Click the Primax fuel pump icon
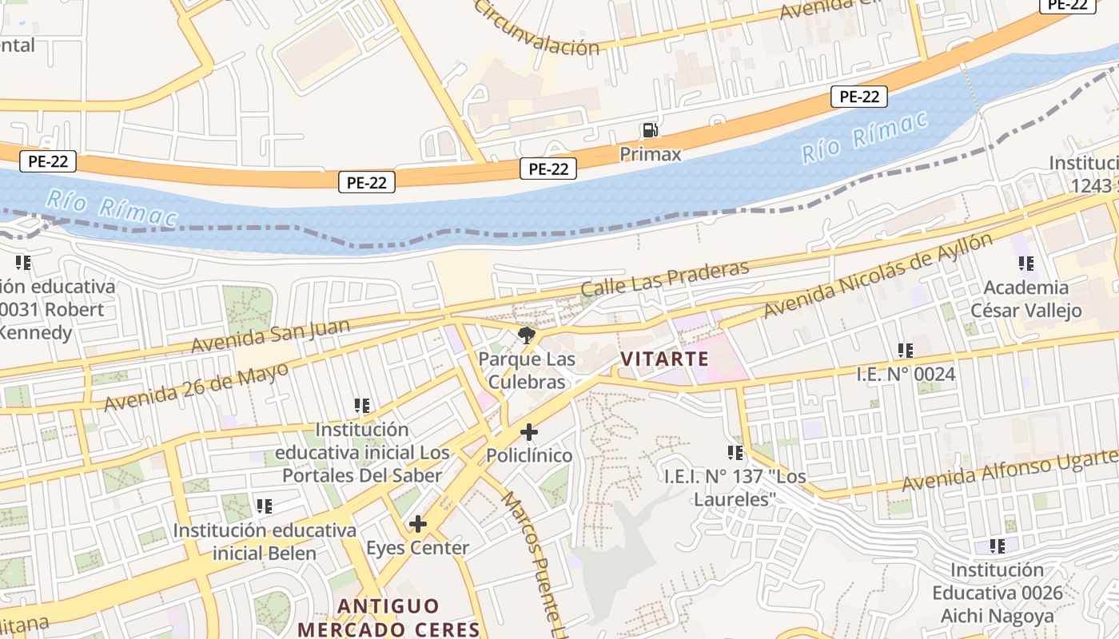coord(650,130)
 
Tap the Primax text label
coord(650,153)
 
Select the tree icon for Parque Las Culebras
coord(526,335)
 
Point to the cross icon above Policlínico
coord(528,432)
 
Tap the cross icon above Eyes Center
coord(417,524)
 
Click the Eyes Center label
coord(417,548)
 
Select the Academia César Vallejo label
coord(1025,299)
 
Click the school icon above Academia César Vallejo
coord(1025,263)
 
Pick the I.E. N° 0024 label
coord(906,374)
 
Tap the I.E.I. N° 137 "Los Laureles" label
coord(735,487)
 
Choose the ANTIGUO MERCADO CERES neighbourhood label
coord(388,617)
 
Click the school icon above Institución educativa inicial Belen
coord(264,506)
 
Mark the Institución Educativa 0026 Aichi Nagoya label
coord(997,593)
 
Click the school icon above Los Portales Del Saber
coord(361,406)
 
